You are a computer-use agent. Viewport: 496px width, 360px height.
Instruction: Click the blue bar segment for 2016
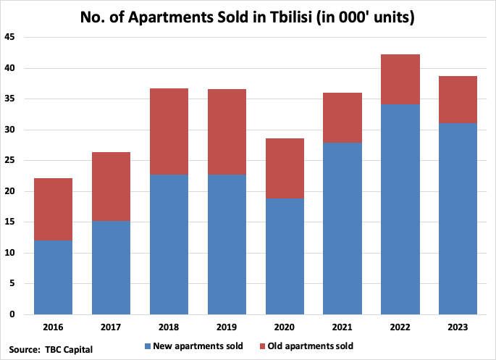point(53,277)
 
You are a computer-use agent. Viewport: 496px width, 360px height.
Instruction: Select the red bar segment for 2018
point(169,132)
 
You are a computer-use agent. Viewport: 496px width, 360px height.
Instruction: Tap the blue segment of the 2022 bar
point(400,209)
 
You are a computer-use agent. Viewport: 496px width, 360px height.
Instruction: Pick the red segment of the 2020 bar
point(285,168)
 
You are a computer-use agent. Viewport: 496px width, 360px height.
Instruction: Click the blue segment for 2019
point(227,245)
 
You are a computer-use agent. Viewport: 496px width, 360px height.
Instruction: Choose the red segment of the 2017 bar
point(111,187)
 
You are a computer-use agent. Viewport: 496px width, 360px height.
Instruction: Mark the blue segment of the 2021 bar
point(342,229)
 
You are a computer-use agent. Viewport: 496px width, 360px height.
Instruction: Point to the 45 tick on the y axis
point(10,38)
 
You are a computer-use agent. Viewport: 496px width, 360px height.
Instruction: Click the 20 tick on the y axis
point(10,191)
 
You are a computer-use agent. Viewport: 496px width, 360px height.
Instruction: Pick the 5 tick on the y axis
point(13,284)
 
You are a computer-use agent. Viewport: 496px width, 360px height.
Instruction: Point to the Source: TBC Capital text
point(51,349)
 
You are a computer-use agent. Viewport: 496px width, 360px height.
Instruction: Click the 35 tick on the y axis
point(10,99)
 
